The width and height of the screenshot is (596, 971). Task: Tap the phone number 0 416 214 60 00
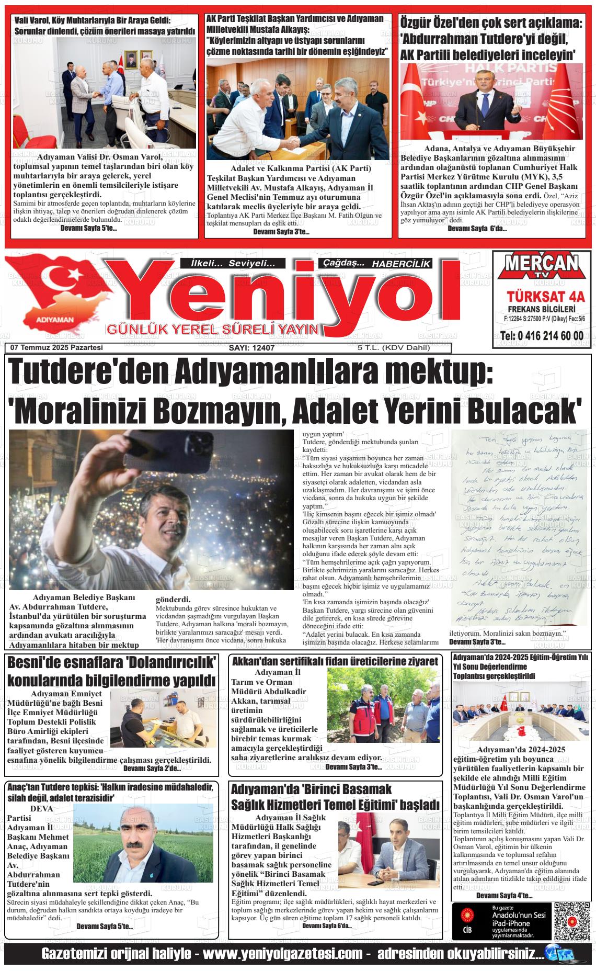click(x=541, y=335)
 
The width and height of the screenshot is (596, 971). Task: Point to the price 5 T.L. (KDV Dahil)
click(x=393, y=348)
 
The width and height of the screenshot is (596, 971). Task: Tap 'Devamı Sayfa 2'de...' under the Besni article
click(x=152, y=769)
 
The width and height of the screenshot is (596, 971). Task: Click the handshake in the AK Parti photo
click(x=296, y=142)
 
